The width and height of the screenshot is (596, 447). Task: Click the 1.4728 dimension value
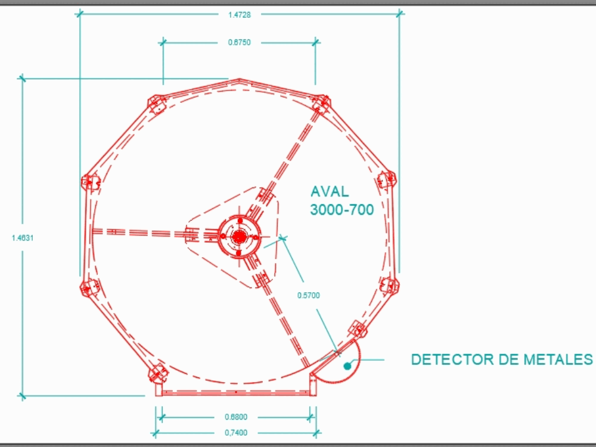[239, 15]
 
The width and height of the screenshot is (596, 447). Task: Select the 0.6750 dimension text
[239, 42]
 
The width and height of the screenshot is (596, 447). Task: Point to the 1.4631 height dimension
[23, 237]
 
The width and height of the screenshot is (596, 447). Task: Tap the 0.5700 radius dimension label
[309, 295]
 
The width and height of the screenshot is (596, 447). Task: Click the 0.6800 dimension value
[237, 417]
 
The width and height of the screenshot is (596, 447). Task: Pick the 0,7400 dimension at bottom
[237, 433]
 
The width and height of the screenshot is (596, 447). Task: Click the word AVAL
[330, 192]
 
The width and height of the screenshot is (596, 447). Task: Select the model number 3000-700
[342, 210]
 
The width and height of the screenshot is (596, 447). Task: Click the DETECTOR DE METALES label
[502, 360]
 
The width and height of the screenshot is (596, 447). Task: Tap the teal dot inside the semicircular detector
[346, 366]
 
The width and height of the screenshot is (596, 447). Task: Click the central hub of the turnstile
[239, 236]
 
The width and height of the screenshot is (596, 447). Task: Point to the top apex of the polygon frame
[239, 79]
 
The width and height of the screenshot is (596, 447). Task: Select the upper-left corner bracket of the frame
[156, 104]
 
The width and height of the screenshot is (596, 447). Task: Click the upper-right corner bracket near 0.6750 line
[321, 104]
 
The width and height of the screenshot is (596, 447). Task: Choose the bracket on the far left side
[90, 181]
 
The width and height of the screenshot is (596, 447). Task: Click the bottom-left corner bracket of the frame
[157, 374]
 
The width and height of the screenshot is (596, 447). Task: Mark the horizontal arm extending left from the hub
[140, 232]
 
